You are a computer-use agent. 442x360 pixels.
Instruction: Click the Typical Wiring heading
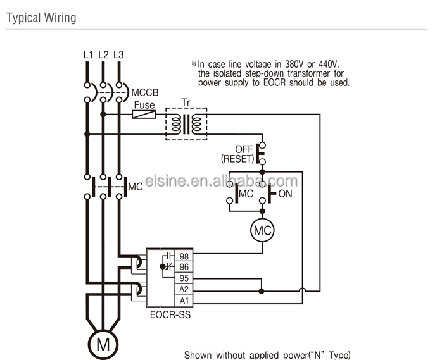click(41, 17)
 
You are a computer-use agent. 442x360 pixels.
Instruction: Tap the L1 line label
click(88, 54)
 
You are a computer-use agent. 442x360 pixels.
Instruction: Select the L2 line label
click(103, 54)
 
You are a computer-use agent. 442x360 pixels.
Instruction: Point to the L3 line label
click(118, 54)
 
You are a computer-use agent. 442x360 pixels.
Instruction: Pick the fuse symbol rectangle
click(144, 115)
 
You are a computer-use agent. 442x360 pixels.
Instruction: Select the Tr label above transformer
click(186, 102)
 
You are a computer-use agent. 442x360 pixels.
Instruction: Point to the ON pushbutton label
click(285, 194)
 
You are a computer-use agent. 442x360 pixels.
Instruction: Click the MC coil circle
click(262, 231)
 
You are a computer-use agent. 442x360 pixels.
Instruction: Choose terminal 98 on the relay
click(184, 256)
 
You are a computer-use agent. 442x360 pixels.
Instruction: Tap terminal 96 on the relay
click(184, 268)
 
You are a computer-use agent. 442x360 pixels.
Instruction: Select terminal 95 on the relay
click(184, 278)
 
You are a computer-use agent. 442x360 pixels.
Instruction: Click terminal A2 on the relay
click(184, 289)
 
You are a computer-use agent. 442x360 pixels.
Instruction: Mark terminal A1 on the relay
click(184, 300)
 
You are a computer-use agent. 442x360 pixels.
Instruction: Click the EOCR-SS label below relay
click(170, 313)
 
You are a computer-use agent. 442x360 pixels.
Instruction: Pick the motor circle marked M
click(103, 344)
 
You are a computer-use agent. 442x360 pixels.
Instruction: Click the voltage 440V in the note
click(327, 64)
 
